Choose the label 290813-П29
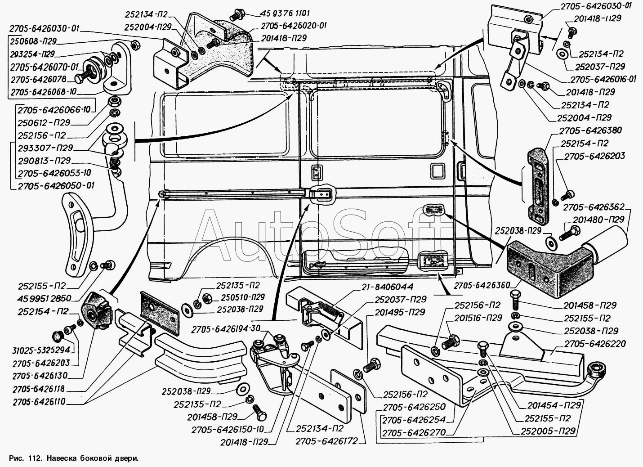(x=45, y=160)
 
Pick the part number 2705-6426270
(x=413, y=433)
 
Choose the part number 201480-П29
(x=598, y=220)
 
